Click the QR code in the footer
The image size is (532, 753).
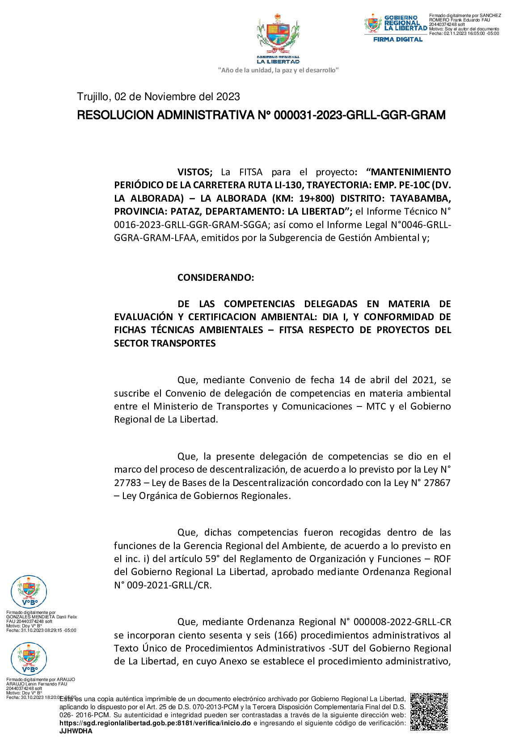click(x=429, y=711)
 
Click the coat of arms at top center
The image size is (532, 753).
click(x=278, y=35)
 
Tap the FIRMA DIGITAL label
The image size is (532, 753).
click(x=398, y=39)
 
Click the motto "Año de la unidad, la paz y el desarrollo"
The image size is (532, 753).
click(x=278, y=70)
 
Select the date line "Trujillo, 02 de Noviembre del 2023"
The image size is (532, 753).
click(x=158, y=97)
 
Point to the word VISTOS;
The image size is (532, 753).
click(x=195, y=172)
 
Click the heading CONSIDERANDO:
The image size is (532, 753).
click(x=215, y=278)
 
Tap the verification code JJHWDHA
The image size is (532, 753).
click(x=76, y=731)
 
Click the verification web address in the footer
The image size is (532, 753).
click(x=155, y=723)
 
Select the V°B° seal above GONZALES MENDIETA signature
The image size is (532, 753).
click(x=29, y=592)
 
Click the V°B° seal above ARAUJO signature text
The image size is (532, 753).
click(x=29, y=659)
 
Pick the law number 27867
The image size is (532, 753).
click(x=436, y=483)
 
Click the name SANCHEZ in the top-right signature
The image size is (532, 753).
click(x=490, y=16)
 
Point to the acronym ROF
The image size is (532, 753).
click(x=442, y=559)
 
